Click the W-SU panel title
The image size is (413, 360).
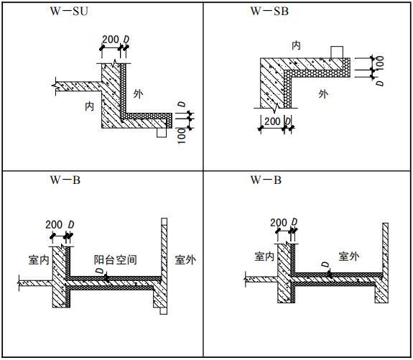coord(69,11)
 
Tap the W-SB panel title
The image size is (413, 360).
coord(269,11)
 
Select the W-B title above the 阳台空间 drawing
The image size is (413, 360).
coord(65,180)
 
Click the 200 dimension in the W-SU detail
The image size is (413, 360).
coord(111,40)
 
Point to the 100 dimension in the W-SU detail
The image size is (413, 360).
coord(182,136)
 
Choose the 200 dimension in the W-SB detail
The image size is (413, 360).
coord(272,121)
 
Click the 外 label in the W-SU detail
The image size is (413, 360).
coord(138,94)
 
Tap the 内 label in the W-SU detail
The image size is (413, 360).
coord(89,106)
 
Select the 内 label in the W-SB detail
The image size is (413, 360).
coord(297,45)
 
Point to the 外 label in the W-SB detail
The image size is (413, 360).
coord(323,94)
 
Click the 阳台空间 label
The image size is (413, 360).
coord(116,260)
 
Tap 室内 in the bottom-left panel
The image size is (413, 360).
coord(39,260)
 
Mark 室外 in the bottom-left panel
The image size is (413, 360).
coord(185,260)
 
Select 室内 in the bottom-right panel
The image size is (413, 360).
coord(264,256)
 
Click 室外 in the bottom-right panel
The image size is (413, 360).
coord(349,256)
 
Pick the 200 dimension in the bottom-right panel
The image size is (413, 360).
coord(279,223)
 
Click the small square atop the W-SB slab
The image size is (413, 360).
coord(337,52)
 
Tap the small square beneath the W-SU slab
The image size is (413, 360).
coord(162,133)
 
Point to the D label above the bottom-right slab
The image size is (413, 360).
coord(325,264)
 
